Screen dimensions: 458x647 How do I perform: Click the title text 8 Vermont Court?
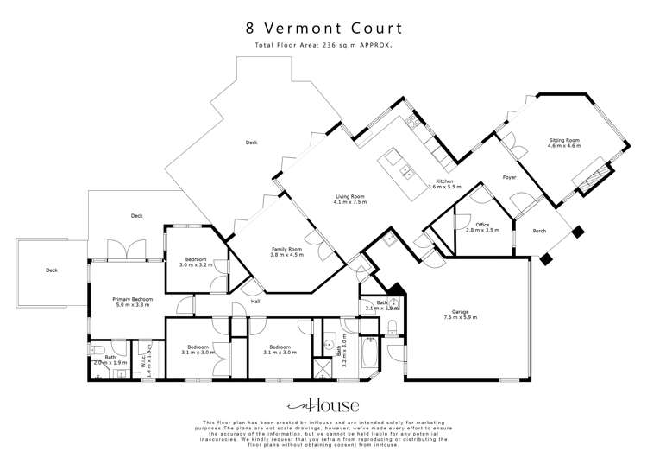[323, 28]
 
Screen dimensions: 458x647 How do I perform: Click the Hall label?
[255, 302]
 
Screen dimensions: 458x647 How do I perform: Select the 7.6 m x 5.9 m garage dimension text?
[466, 317]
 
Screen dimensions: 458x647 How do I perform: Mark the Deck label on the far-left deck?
[51, 270]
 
